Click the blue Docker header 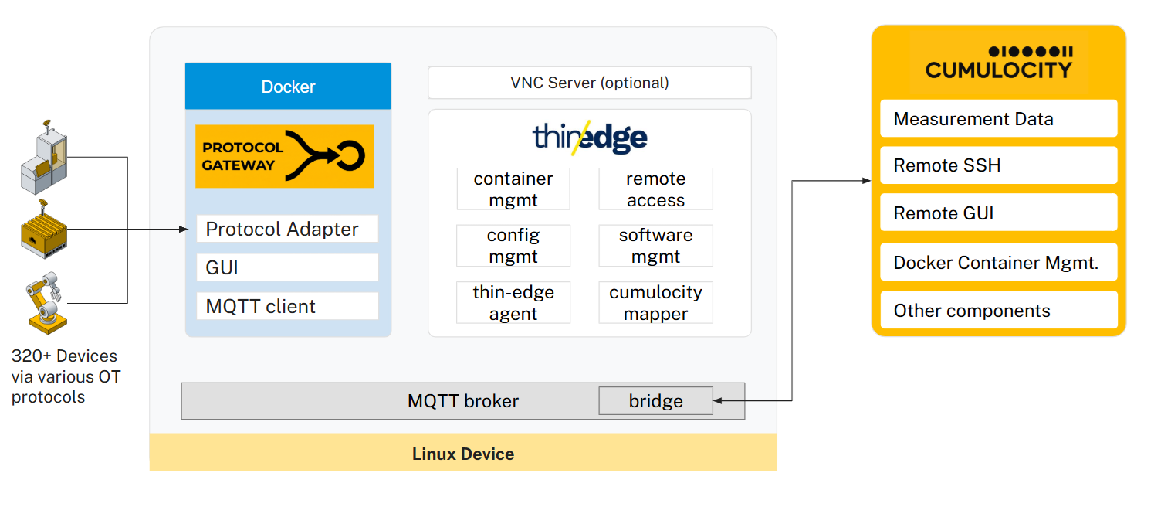(288, 86)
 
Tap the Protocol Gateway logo (285, 156)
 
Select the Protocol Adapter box (287, 229)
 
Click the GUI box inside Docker (287, 267)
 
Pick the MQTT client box (287, 306)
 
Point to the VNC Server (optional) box (589, 83)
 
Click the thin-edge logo (590, 138)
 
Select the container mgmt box (513, 189)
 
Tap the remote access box (655, 189)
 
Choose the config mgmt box (513, 246)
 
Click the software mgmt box (655, 246)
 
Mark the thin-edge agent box (513, 302)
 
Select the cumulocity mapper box (655, 302)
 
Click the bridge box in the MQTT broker (655, 400)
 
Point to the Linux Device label (463, 454)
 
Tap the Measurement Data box (998, 119)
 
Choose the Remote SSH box (998, 165)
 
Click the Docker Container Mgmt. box (998, 262)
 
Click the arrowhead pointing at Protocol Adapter (184, 229)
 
